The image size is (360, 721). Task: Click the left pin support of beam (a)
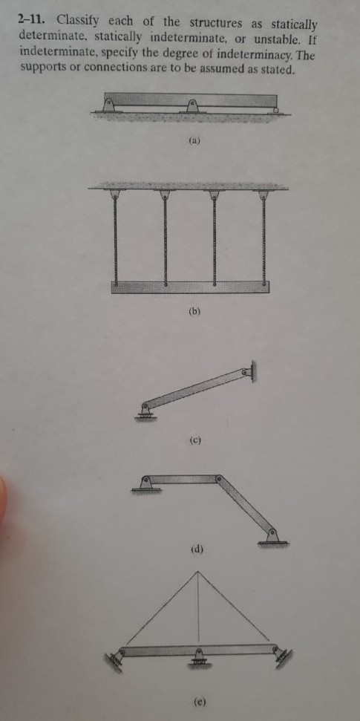(109, 105)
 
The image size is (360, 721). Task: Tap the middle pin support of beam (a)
(194, 105)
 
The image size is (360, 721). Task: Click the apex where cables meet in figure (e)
(198, 571)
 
